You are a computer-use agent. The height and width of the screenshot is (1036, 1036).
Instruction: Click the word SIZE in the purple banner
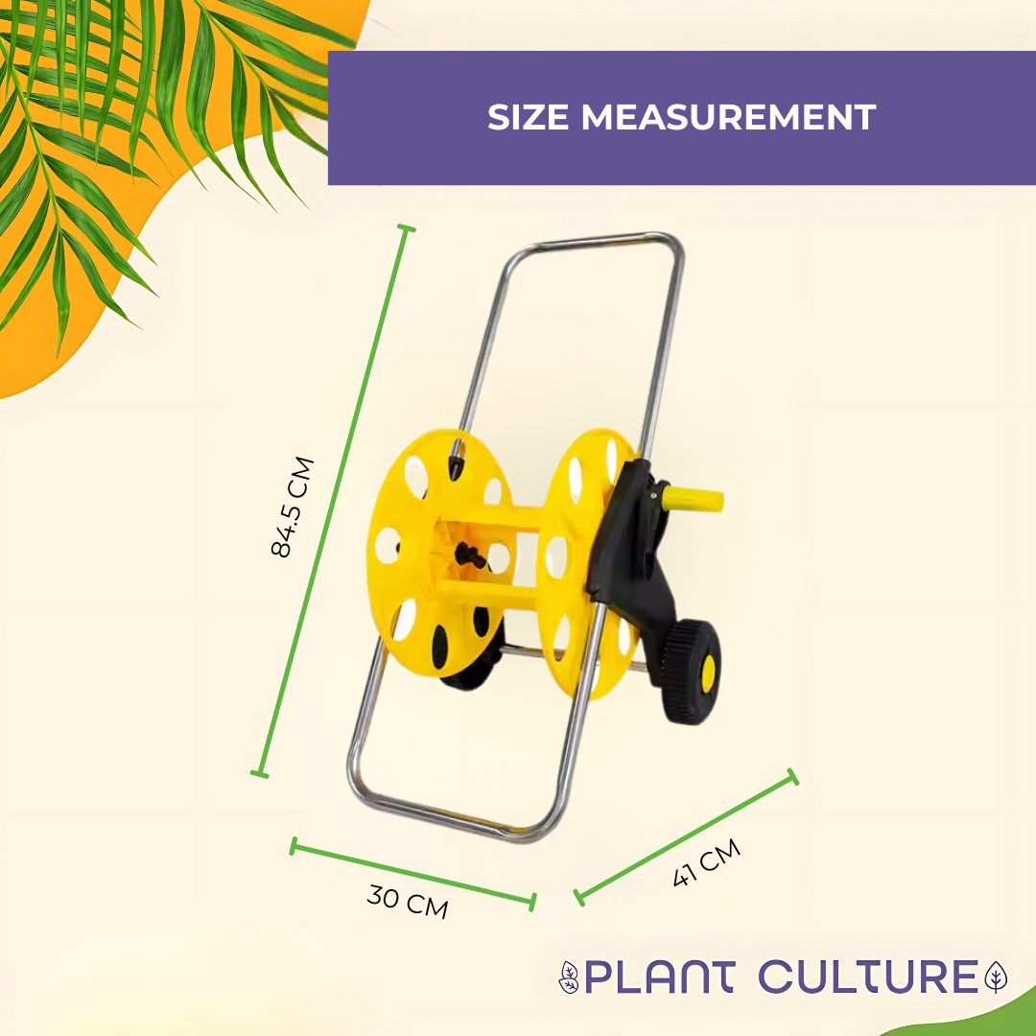529,117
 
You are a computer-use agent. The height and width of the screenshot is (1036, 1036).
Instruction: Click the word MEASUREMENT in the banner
728,117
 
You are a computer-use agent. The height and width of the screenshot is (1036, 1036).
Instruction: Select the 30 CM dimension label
408,902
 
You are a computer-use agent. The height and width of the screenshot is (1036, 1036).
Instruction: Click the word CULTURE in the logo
867,977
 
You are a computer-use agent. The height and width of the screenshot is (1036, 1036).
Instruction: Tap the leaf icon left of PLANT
569,977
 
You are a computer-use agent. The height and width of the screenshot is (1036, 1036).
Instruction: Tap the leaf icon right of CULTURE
998,977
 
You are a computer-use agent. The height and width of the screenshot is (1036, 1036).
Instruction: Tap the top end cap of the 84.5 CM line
406,229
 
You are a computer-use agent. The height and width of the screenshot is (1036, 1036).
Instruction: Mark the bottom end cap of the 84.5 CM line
259,772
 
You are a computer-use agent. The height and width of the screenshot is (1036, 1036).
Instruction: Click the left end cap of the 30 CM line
294,845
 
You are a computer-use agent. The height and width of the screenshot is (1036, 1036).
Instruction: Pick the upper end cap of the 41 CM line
792,777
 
